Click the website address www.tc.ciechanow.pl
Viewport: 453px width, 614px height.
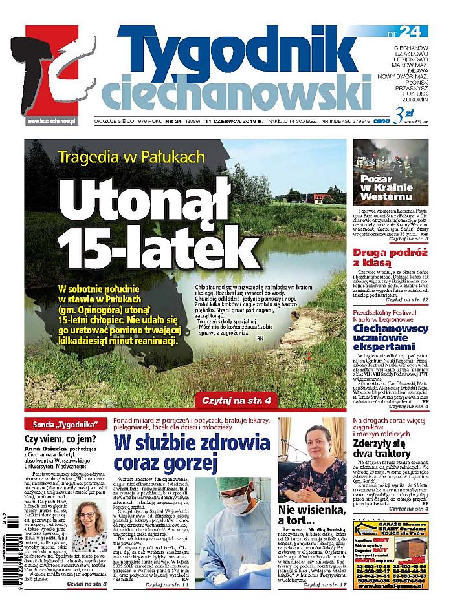[x=52, y=121]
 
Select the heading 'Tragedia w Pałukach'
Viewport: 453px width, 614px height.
[x=131, y=156]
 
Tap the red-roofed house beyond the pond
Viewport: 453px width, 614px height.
[x=322, y=197]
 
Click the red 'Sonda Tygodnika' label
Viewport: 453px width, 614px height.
[x=65, y=424]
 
